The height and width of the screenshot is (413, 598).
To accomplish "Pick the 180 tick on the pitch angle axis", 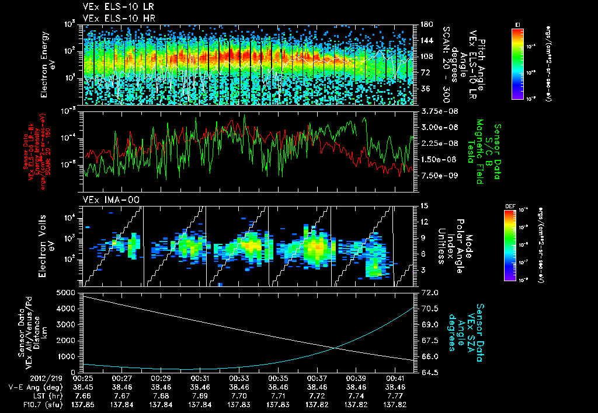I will point(425,24).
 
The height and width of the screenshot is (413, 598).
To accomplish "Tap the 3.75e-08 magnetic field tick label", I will point(435,111).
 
